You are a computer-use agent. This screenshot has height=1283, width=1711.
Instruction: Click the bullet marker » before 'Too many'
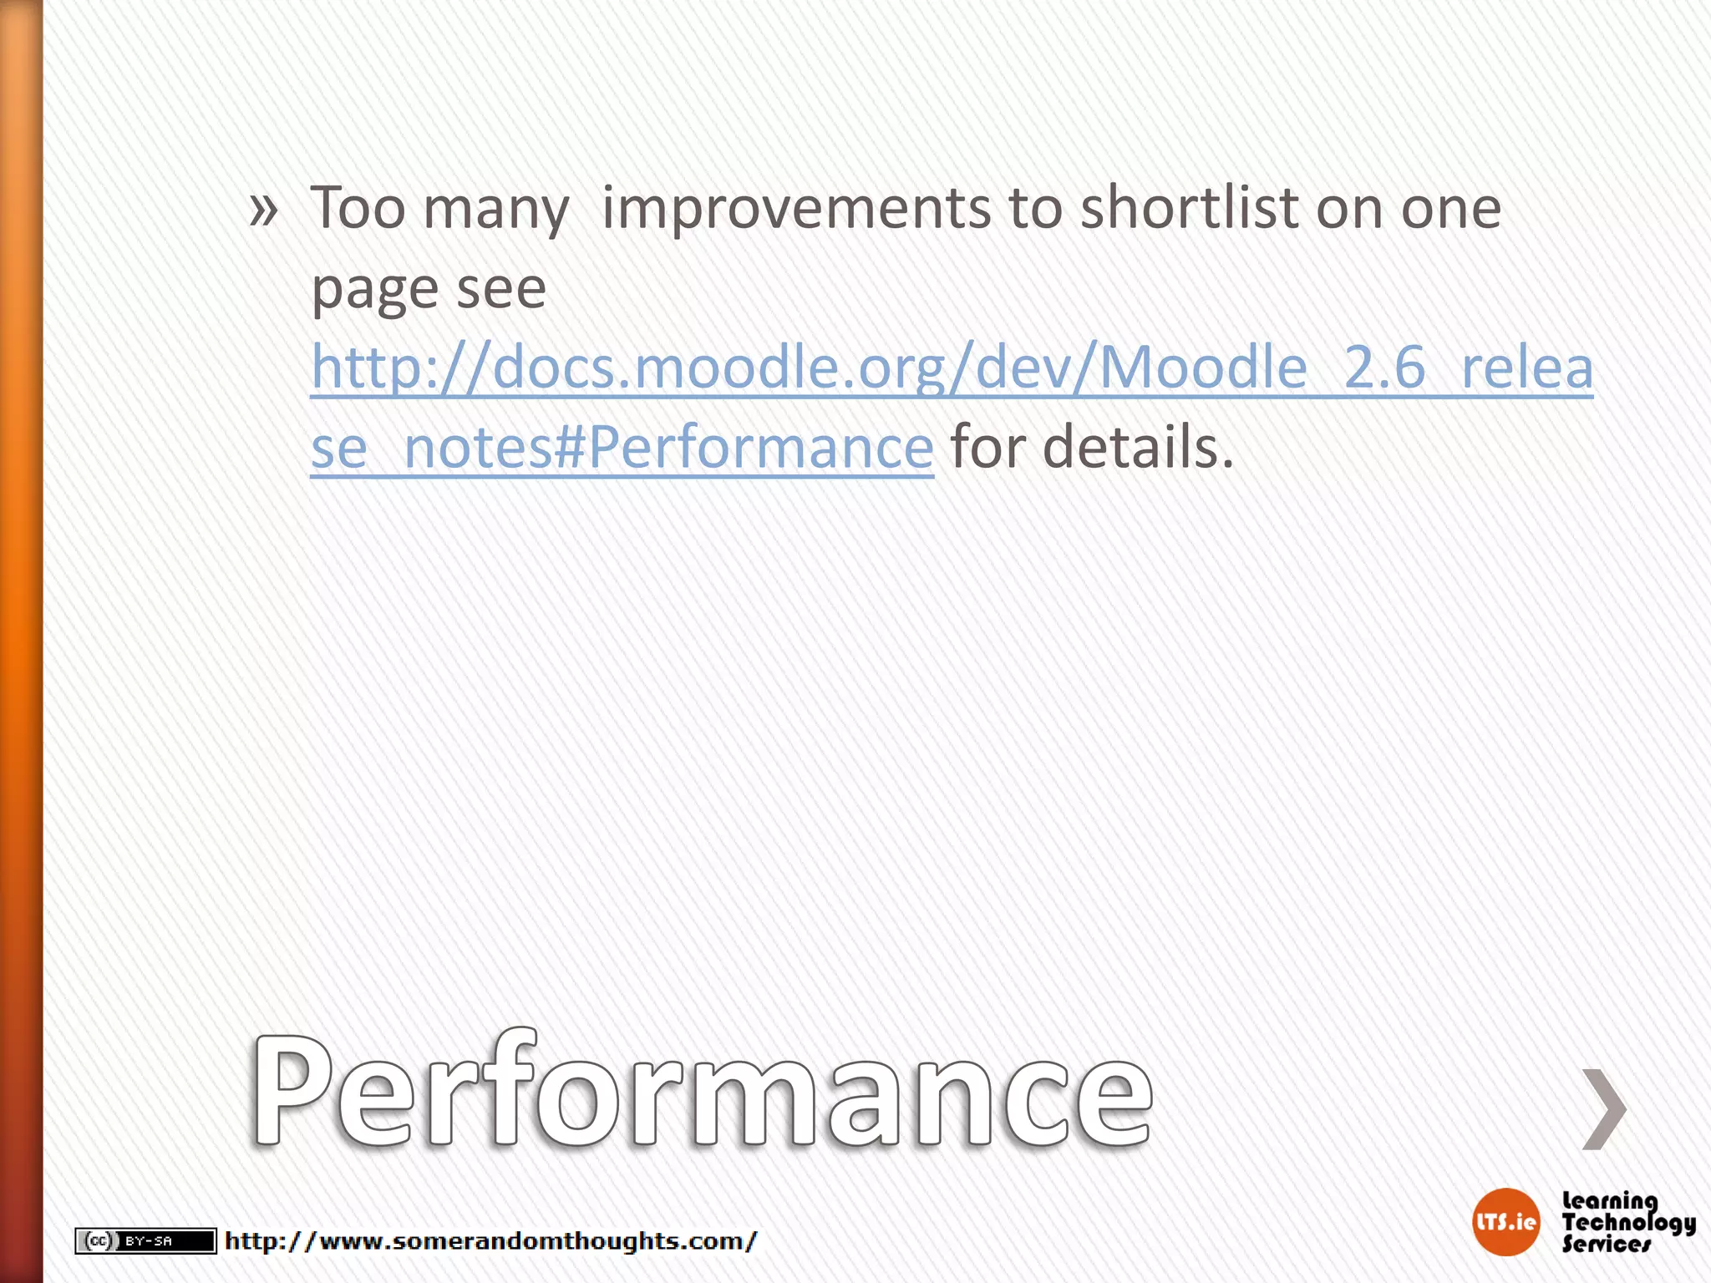264,210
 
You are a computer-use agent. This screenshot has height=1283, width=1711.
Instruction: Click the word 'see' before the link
501,289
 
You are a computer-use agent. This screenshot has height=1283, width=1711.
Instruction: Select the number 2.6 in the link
1384,368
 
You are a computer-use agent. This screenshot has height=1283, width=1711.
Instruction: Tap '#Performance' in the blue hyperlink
744,448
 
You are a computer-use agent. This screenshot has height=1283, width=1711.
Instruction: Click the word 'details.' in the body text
1138,448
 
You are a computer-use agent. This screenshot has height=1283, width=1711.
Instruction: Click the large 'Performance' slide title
702,1090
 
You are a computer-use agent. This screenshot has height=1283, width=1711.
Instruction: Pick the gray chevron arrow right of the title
1604,1108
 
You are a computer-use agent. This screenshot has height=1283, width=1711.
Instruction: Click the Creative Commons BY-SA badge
145,1241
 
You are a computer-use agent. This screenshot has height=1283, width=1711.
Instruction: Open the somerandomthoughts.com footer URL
491,1241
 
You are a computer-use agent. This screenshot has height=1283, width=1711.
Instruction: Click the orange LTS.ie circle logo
1505,1222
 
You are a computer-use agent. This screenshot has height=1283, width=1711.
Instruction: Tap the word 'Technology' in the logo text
1628,1223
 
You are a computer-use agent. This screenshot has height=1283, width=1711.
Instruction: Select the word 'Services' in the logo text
1607,1245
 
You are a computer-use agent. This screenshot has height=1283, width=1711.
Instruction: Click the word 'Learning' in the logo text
1610,1201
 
